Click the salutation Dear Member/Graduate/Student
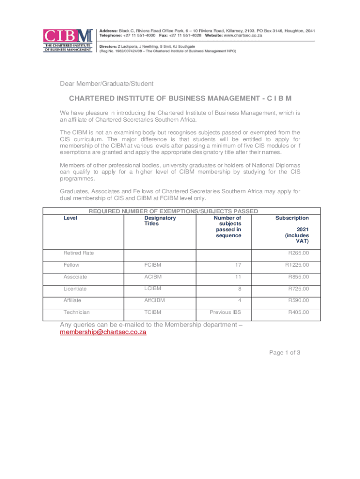pyautogui.click(x=106, y=84)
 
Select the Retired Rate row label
pyautogui.click(x=79, y=253)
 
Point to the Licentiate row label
pyautogui.click(x=75, y=289)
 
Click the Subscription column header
pyautogui.click(x=292, y=218)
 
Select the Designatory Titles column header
pyautogui.click(x=160, y=221)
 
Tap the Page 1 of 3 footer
pyautogui.click(x=284, y=353)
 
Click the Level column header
pyautogui.click(x=70, y=218)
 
